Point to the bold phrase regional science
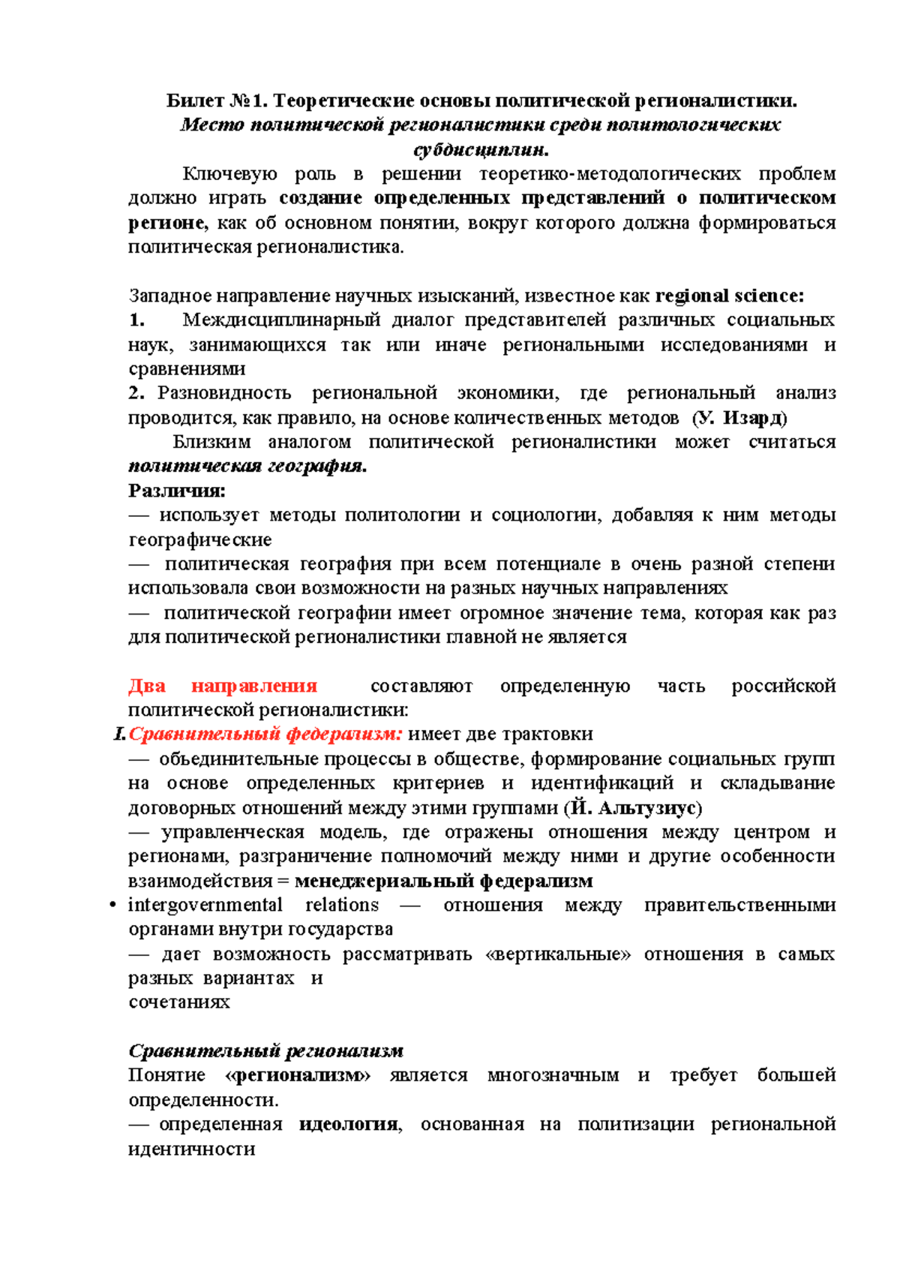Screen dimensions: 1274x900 tap(729, 296)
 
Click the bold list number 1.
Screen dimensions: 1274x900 tap(136, 320)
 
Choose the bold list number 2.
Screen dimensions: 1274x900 tap(136, 393)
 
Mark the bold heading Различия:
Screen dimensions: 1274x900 tap(177, 491)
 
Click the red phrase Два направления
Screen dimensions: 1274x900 tap(223, 686)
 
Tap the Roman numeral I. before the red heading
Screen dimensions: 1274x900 tap(119, 734)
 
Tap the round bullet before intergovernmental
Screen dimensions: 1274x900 tap(112, 906)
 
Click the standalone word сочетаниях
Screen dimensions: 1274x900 tap(179, 1002)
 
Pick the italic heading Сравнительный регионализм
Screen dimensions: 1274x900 tap(266, 1050)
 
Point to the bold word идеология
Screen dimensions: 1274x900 tap(349, 1124)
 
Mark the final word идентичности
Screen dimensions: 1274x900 tap(192, 1149)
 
